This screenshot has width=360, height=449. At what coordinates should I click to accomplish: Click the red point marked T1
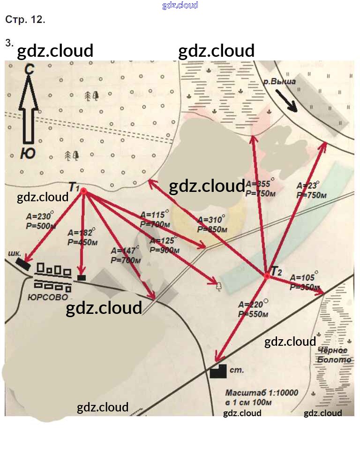(83, 191)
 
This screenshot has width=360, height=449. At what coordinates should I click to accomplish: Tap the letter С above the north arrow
(30, 69)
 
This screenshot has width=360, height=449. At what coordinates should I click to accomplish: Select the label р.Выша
(279, 82)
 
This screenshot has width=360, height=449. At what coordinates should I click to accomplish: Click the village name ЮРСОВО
(47, 297)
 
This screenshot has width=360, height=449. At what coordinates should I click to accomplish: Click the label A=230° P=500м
(41, 221)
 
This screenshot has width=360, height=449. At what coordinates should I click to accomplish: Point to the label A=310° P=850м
(212, 224)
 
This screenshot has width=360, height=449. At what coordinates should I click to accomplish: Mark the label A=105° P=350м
(305, 282)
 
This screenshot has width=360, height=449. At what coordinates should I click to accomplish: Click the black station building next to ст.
(218, 372)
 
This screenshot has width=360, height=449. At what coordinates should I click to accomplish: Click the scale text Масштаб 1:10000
(261, 393)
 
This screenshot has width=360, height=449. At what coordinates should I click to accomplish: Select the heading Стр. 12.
(25, 20)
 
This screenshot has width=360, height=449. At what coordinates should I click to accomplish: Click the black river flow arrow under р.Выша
(287, 101)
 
